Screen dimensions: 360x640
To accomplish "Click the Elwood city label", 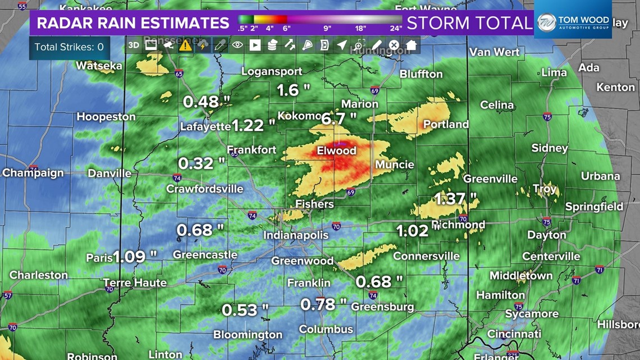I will [x=336, y=151].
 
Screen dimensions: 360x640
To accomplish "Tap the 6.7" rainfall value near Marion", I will [x=339, y=118].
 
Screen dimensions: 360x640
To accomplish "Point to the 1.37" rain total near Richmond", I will [x=456, y=198].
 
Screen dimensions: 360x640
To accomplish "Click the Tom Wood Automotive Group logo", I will [x=573, y=23].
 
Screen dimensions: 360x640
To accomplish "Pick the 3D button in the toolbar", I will [x=134, y=45].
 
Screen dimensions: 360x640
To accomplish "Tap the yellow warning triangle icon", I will [x=185, y=45].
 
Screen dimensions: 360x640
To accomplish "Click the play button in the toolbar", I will [x=255, y=45].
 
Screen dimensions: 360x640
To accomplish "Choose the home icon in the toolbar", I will [x=412, y=45].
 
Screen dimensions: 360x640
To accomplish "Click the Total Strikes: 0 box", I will [x=69, y=47].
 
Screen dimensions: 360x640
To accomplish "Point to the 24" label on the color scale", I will [x=396, y=28].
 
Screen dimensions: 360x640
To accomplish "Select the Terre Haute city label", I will [x=135, y=282].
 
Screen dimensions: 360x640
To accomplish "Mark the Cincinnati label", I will [x=514, y=334].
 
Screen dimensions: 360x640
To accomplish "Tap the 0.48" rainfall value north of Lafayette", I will [x=207, y=102].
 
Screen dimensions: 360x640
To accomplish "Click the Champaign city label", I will [x=33, y=173].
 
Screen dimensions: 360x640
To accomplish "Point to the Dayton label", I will [x=546, y=235].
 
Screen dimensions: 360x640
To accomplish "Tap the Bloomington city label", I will [x=248, y=335].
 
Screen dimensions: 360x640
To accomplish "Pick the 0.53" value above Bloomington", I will [x=245, y=310].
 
